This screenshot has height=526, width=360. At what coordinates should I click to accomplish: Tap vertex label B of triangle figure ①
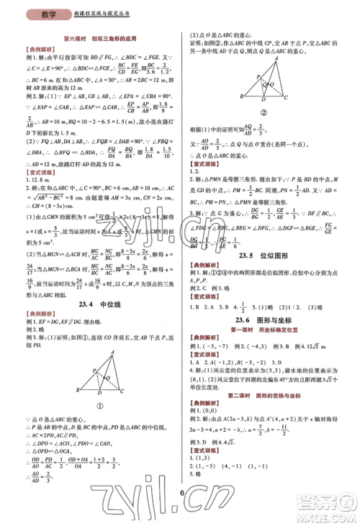pos(78,391)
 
